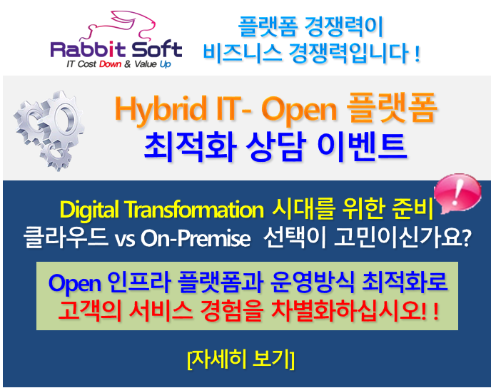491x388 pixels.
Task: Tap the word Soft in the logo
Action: (156, 48)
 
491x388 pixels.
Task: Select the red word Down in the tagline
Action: (110, 64)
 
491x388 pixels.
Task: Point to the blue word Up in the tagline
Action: (166, 64)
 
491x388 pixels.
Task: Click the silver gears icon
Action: (49, 131)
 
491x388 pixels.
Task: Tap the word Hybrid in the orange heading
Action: (161, 110)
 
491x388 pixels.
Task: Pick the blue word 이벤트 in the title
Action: (362, 146)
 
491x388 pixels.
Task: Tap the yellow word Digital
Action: (89, 210)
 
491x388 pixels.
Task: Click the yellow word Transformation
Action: (195, 209)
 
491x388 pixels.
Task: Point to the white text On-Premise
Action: (196, 239)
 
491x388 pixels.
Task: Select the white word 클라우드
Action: (66, 238)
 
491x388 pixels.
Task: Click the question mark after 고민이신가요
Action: (467, 238)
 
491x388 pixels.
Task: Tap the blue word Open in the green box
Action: (75, 283)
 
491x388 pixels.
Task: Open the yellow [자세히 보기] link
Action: (241, 360)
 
